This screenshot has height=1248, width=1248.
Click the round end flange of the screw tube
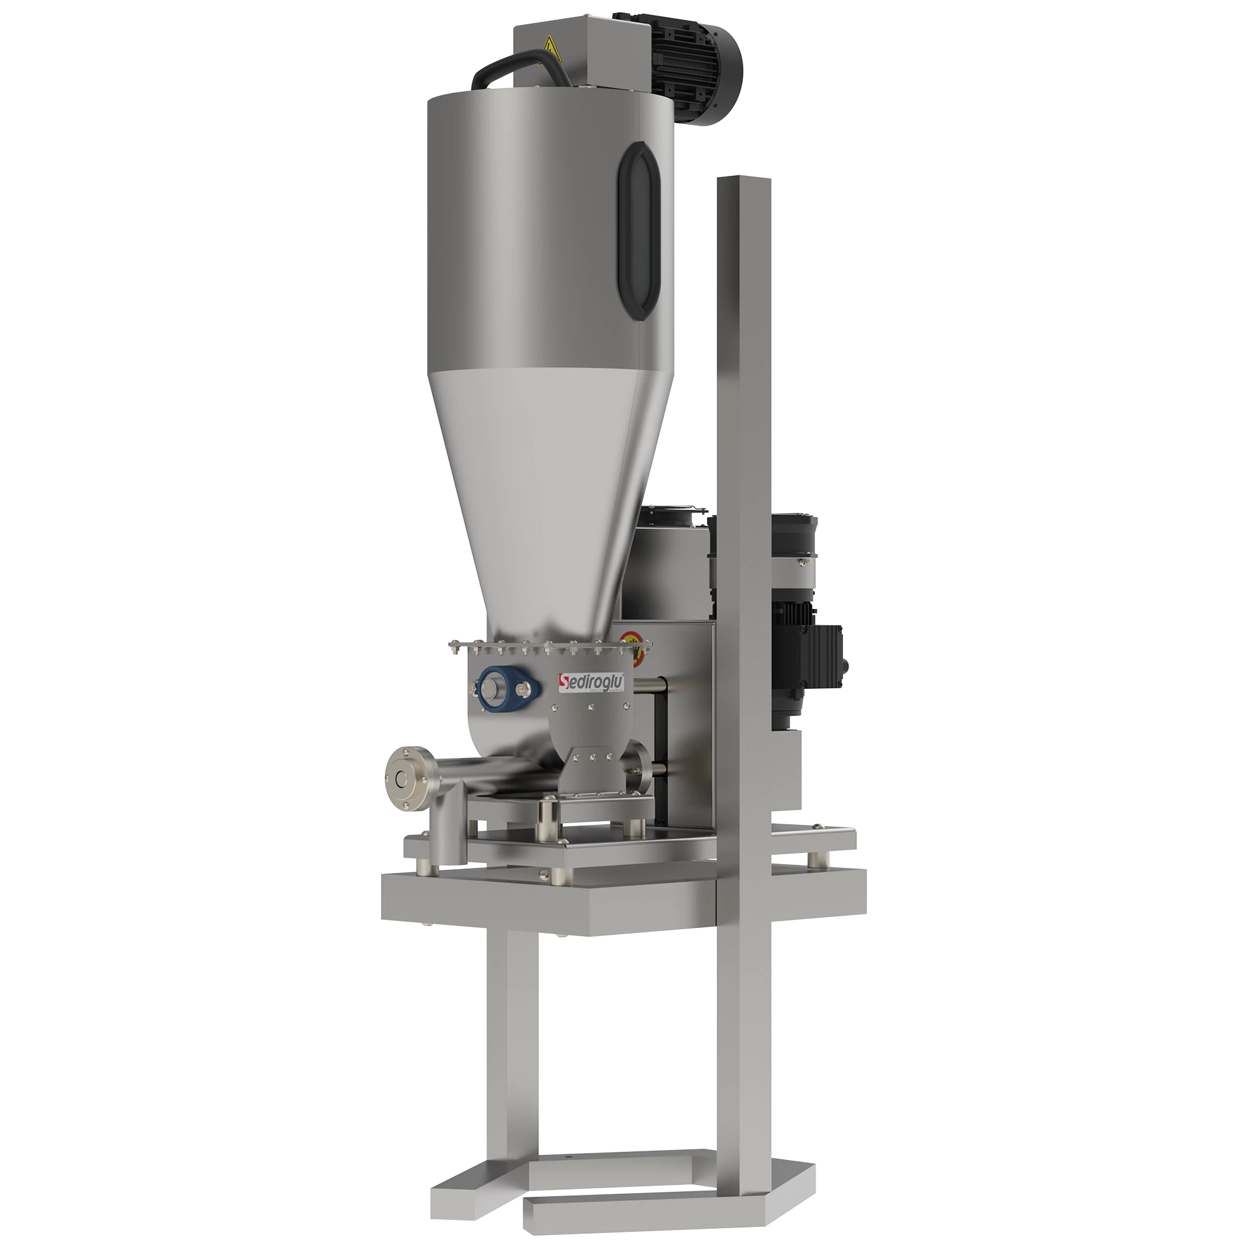tap(402, 781)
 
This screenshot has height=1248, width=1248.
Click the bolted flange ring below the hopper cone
tap(536, 647)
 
